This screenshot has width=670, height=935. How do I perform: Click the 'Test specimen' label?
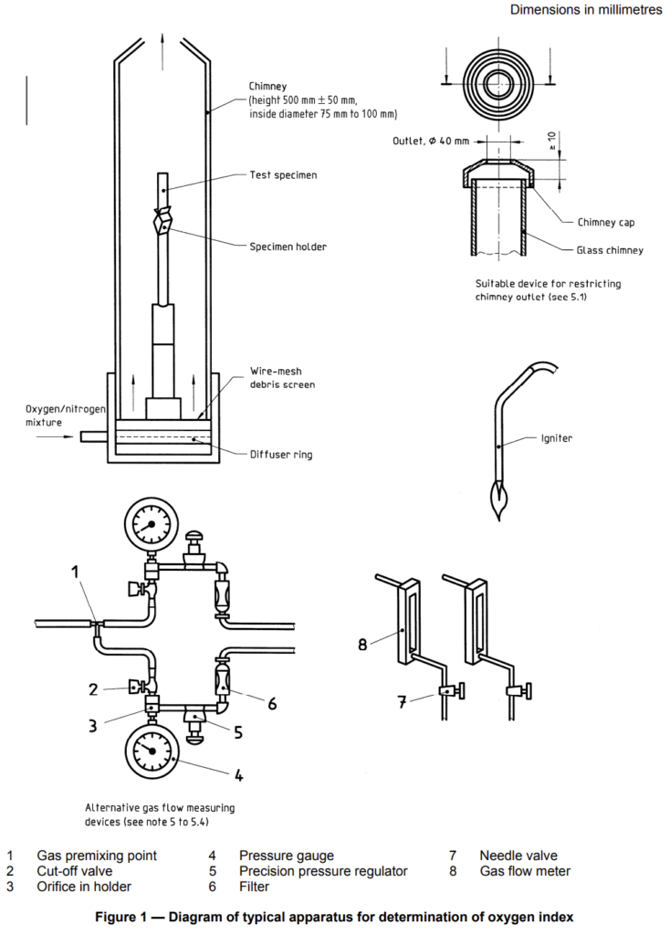[x=283, y=175]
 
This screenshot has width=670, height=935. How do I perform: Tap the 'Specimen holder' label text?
[x=288, y=247]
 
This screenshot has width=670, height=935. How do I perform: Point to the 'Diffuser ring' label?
[x=281, y=455]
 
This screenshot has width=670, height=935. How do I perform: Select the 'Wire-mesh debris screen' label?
[x=282, y=378]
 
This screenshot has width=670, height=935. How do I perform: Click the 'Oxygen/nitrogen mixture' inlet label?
[x=66, y=415]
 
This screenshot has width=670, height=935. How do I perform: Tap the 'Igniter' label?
[x=556, y=438]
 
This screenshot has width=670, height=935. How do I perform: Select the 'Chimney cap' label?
[x=605, y=223]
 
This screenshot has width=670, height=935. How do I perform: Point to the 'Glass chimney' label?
[x=609, y=250]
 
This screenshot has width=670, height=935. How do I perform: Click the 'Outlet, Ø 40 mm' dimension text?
[x=430, y=142]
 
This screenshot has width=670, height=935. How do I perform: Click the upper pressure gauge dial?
[x=151, y=525]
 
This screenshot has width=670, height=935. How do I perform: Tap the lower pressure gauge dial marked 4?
[x=152, y=751]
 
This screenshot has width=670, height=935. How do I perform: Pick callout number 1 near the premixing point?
[x=75, y=573]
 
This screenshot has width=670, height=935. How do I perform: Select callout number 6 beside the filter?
[x=272, y=704]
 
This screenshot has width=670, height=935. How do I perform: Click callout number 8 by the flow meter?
[x=362, y=645]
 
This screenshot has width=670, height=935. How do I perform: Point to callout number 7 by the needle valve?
[x=403, y=702]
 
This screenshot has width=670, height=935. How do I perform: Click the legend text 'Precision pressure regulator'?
[x=323, y=871]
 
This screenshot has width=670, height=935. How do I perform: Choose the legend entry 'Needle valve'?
[x=518, y=856]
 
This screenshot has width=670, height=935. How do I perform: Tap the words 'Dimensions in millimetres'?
[x=586, y=9]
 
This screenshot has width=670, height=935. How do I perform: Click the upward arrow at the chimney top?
[x=162, y=52]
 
